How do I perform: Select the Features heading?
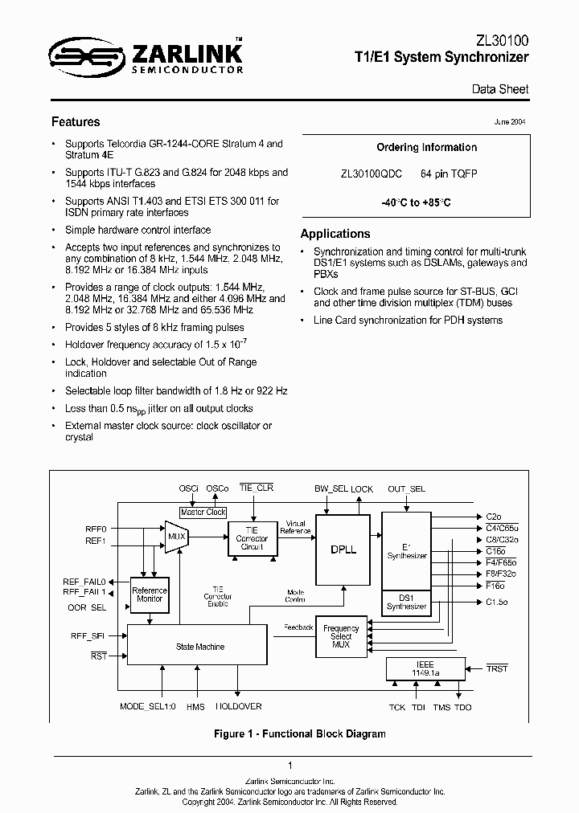pos(76,122)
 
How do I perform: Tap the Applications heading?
pos(335,234)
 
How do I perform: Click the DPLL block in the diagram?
pos(343,550)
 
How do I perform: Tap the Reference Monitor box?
pos(149,594)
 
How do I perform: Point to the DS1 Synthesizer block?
pos(407,602)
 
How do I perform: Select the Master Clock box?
pos(203,512)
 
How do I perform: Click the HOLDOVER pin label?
pos(238,707)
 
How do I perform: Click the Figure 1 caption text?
pos(299,733)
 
